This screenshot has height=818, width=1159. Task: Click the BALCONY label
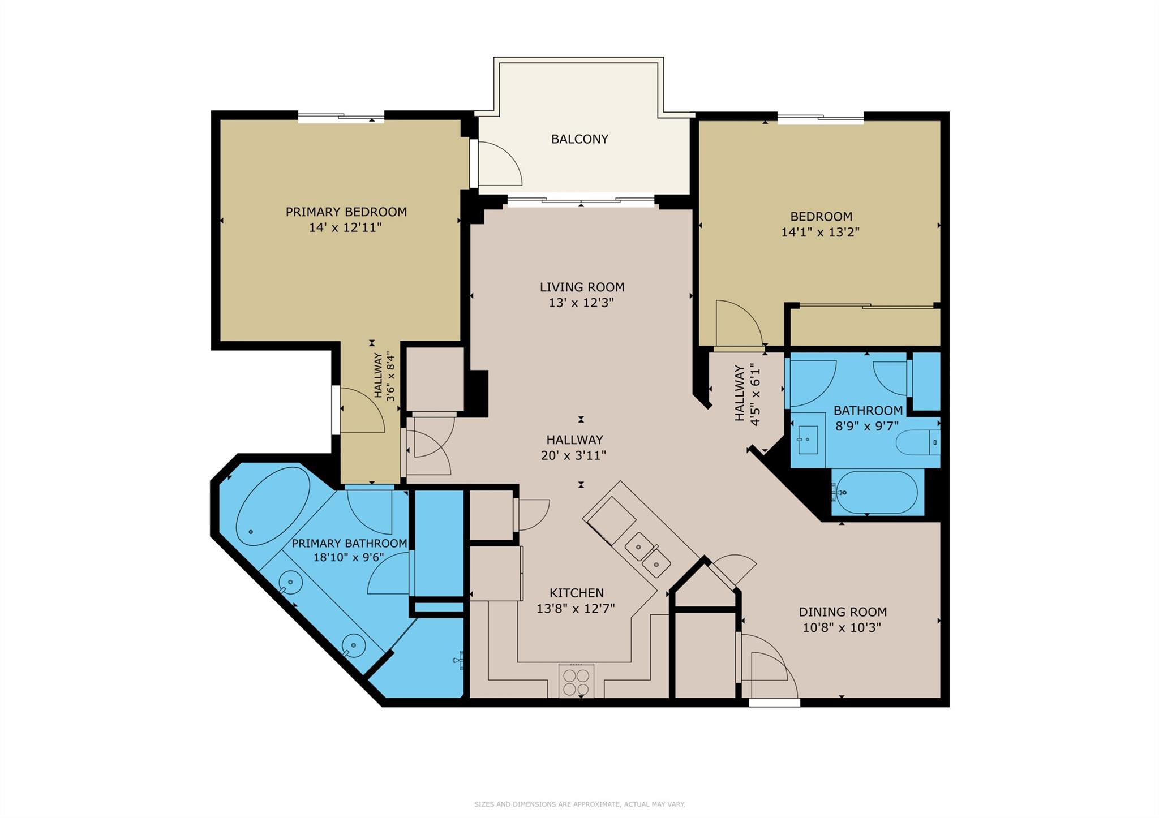point(579,139)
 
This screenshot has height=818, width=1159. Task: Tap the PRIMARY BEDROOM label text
point(346,212)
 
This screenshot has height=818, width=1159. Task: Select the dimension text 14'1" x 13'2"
point(820,232)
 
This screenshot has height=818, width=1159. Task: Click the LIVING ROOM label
point(582,287)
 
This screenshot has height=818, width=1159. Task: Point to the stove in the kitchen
point(576,681)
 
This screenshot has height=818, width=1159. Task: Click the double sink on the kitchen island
point(648,554)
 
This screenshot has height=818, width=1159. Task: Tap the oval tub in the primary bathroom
point(273,506)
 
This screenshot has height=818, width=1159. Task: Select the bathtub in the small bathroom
point(877,493)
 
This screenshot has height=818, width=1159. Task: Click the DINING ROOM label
point(842,612)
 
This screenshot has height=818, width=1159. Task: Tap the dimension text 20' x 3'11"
point(573,455)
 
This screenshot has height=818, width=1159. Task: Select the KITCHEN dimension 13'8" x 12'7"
point(576,609)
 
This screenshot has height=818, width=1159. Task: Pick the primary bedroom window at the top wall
point(341,118)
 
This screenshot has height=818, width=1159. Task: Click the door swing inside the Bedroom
point(738,323)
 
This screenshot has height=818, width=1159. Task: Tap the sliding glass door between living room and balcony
point(581,200)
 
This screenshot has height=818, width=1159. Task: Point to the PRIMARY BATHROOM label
point(349,544)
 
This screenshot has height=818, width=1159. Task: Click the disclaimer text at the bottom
point(579,804)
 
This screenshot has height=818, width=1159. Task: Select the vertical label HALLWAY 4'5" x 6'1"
point(747,394)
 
